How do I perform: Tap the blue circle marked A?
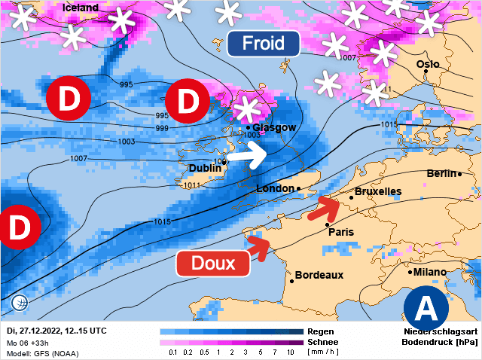[x=426, y=307]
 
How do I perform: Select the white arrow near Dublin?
[x=246, y=157]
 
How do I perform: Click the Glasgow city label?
[x=274, y=127]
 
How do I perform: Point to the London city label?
[x=277, y=188]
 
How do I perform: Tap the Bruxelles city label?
[x=378, y=191]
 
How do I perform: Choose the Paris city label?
[x=341, y=232]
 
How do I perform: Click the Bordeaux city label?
[x=319, y=275]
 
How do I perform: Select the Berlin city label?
[x=443, y=173]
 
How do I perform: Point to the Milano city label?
[x=429, y=272]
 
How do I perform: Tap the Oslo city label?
[x=428, y=64]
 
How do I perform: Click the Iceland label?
[x=81, y=8]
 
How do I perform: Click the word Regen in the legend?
[x=321, y=331]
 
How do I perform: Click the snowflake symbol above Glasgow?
[x=246, y=109]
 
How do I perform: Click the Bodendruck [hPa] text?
[x=441, y=342]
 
